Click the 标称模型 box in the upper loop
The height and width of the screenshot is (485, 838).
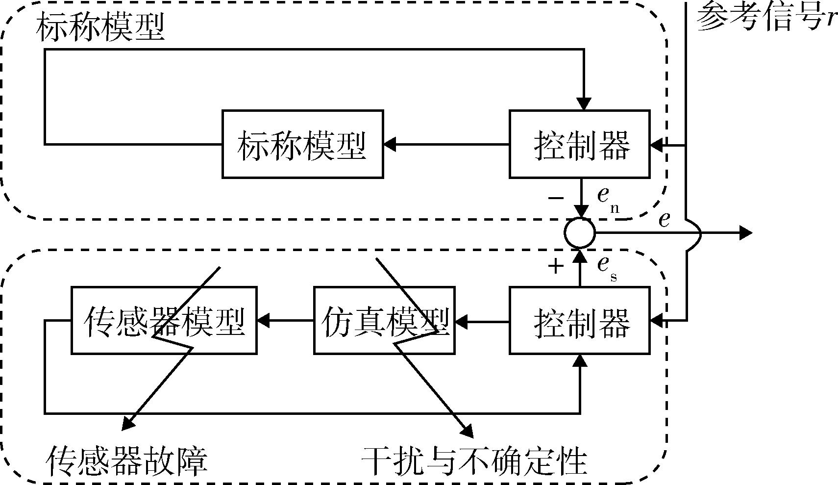(x=302, y=144)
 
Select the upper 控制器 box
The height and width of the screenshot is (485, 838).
(x=580, y=144)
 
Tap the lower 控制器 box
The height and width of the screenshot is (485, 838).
(x=580, y=321)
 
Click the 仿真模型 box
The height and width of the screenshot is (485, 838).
(x=384, y=321)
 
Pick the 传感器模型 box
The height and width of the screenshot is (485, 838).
(x=164, y=321)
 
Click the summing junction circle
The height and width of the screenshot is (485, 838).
(x=580, y=232)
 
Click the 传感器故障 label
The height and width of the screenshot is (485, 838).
(x=127, y=460)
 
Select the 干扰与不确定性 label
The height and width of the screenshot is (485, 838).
(x=474, y=460)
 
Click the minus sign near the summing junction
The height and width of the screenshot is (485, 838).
(x=556, y=198)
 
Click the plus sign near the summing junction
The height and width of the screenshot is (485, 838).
(x=556, y=267)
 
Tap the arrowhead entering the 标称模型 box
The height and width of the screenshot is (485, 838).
(x=390, y=145)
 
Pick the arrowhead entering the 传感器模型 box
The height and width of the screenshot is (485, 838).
(x=264, y=322)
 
